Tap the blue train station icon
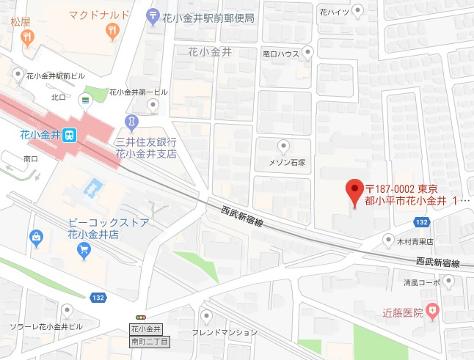pyautogui.click(x=68, y=135)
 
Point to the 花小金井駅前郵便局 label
pyautogui.click(x=208, y=15)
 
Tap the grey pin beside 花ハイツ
pyautogui.click(x=357, y=10)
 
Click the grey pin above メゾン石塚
pyautogui.click(x=282, y=145)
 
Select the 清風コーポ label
pyautogui.click(x=421, y=280)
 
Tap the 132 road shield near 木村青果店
pyautogui.click(x=420, y=221)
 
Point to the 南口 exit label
pyautogui.click(x=31, y=158)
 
